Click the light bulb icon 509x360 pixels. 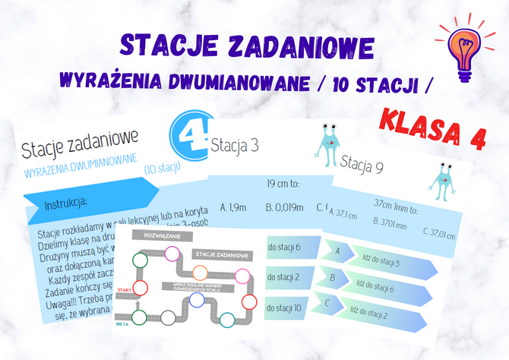click(x=463, y=46)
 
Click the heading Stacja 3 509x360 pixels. click(x=235, y=144)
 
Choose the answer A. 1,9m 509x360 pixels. click(x=232, y=206)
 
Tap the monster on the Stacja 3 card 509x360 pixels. click(x=328, y=143)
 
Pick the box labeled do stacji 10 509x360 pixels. click(x=285, y=308)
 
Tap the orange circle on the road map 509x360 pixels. click(x=200, y=272)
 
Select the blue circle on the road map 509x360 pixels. click(x=196, y=299)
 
